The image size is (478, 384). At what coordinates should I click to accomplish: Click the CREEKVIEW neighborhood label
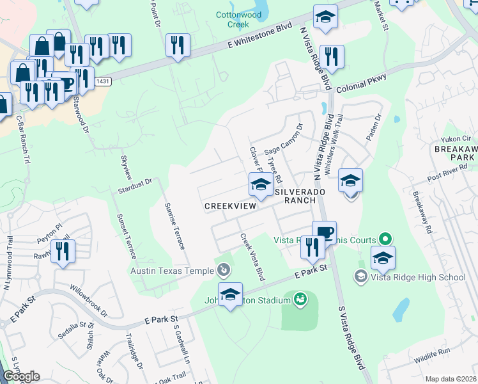pos(230,206)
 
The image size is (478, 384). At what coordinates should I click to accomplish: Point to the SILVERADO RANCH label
pos(295,196)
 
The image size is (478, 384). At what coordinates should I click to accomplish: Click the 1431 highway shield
pos(102,82)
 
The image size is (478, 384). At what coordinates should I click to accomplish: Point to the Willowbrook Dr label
pos(89,300)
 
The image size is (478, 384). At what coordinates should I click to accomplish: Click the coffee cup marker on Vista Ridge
pos(324,231)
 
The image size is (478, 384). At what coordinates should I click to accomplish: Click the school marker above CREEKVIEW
pos(260,185)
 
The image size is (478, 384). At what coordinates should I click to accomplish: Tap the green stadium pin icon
pos(300,298)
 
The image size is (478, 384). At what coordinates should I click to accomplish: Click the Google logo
pos(21,376)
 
